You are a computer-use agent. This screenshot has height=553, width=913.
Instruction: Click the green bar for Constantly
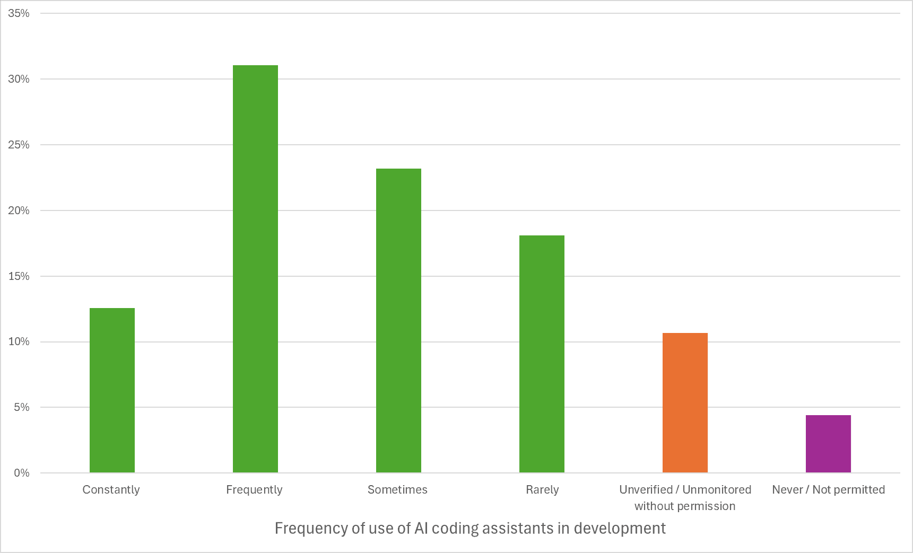tap(112, 390)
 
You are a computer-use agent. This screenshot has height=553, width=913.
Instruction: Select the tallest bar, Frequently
tap(255, 269)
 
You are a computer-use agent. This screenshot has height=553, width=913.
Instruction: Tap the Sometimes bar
tap(398, 320)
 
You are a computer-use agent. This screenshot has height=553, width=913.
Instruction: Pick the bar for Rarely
tap(542, 354)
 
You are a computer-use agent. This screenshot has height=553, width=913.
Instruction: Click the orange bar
tap(685, 402)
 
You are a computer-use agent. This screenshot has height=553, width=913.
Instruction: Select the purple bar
tap(828, 444)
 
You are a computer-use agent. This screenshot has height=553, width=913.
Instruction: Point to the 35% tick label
tap(19, 13)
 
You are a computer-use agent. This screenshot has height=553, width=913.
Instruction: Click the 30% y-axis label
tap(19, 79)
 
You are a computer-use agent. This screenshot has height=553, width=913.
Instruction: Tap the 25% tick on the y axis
tap(19, 145)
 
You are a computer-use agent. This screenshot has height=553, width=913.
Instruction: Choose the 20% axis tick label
tap(19, 210)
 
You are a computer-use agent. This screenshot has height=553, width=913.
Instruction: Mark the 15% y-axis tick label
tap(19, 276)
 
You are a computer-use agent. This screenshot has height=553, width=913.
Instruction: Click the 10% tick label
tap(19, 341)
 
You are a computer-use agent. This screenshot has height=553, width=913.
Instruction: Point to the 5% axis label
tap(21, 407)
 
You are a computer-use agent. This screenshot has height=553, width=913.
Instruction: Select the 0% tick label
tap(21, 473)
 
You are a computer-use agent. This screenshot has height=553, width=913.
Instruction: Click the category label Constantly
tap(111, 490)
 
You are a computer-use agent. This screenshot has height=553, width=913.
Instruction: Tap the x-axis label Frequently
tap(254, 490)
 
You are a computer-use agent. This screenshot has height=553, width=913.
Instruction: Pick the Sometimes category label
tap(397, 490)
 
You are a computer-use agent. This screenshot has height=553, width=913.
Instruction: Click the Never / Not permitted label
tap(828, 490)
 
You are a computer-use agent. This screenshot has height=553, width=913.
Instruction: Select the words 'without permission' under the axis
tap(685, 506)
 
